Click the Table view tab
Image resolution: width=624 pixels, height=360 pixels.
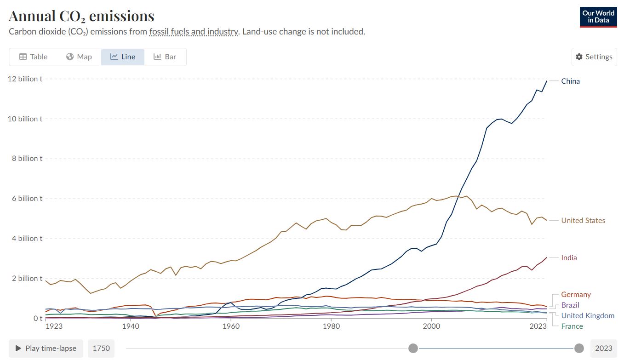point(33,57)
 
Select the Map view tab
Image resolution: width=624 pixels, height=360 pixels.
point(79,57)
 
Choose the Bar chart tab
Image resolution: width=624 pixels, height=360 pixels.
point(165,57)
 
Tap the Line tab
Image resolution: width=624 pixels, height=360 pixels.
point(123,57)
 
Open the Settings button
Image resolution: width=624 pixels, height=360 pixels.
point(594,57)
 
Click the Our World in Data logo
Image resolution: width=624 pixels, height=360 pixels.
point(598,17)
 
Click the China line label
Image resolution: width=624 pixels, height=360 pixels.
point(570,81)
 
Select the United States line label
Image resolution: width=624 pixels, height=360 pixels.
point(583,221)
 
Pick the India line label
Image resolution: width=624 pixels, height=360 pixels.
point(569,258)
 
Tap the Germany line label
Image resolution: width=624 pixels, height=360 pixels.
point(576,295)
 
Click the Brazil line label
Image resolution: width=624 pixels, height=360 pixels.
point(570,305)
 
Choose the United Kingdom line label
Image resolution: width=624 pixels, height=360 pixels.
point(588,316)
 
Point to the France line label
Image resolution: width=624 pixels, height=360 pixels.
point(572,326)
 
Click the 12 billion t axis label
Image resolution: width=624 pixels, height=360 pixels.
point(25,79)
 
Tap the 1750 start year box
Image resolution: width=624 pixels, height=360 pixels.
point(101,348)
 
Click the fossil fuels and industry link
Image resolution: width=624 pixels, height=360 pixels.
point(194,32)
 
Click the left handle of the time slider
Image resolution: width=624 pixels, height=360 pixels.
point(413,348)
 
